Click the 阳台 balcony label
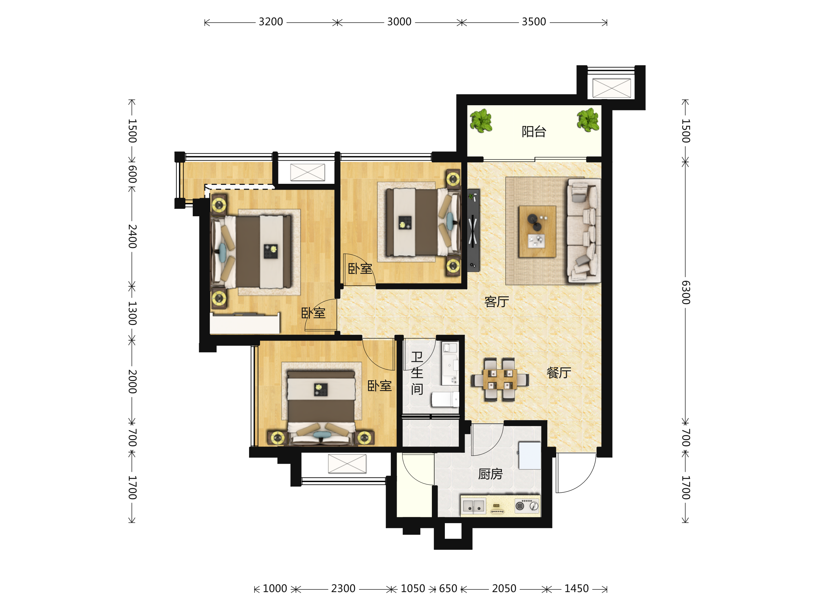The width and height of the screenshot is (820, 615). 534,132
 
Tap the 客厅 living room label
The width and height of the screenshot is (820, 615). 497,302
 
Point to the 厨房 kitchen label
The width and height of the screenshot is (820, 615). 490,474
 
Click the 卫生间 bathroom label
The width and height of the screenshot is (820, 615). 417,373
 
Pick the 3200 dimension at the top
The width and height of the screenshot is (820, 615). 271,22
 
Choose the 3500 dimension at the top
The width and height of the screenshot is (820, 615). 534,22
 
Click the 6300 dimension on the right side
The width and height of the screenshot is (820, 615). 686,292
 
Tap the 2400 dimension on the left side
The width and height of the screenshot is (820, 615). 132,236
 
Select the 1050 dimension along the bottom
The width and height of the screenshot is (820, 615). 413,589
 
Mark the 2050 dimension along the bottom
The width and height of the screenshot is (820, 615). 504,589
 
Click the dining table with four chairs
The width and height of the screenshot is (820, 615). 500,380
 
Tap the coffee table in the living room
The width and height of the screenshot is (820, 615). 537,232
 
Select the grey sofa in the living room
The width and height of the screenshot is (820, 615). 584,231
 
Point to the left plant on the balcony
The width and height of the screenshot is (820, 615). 481,121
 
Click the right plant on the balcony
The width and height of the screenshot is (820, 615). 588,120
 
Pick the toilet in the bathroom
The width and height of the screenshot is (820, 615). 445,400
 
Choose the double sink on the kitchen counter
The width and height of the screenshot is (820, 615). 474,506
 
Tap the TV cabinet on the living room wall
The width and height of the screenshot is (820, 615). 473,230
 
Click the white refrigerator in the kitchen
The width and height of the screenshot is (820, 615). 530,455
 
